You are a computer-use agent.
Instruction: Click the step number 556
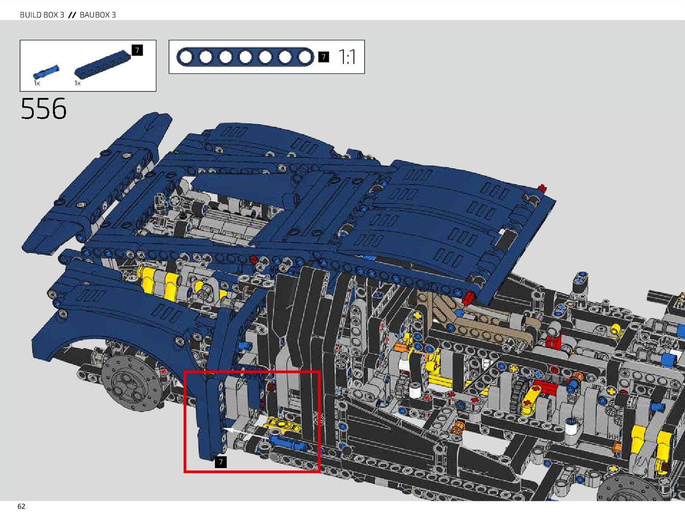click(43, 108)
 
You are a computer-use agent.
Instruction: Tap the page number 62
click(21, 507)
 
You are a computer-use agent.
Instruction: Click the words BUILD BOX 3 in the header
click(42, 15)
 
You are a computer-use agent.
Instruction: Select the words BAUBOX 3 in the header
click(98, 15)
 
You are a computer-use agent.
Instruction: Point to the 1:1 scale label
click(347, 57)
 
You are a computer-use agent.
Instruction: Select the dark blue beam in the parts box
click(103, 63)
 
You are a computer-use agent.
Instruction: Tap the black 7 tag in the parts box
click(137, 50)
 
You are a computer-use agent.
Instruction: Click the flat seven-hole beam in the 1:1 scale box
click(245, 57)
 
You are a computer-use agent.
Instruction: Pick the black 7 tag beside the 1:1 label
click(323, 57)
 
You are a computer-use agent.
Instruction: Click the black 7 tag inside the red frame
click(221, 462)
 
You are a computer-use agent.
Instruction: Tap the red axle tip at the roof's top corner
click(543, 189)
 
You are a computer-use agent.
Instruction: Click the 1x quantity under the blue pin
click(37, 83)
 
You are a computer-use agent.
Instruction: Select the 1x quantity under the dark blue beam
click(77, 83)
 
